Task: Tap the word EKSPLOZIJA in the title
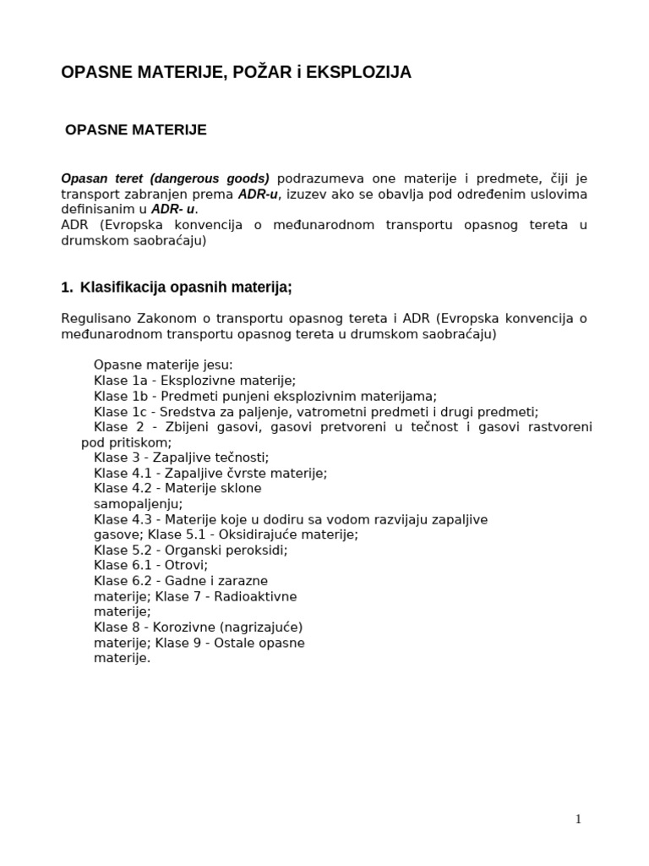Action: point(358,73)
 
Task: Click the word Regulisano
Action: point(94,319)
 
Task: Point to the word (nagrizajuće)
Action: point(269,627)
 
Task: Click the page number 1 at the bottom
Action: point(578,819)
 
